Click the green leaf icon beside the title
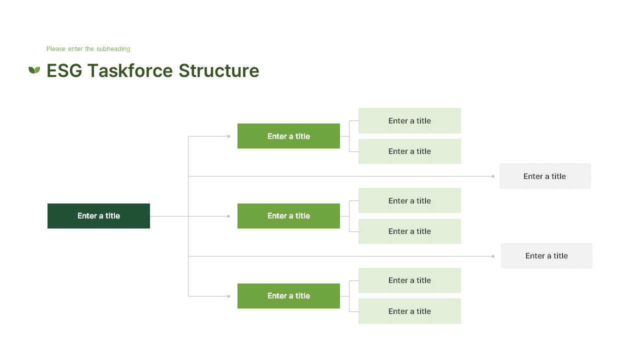34,70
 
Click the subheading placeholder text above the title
88,49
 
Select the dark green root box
98,216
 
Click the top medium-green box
288,136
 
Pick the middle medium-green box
288,216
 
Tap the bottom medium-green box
288,296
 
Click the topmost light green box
409,120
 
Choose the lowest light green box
409,311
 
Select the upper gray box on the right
545,176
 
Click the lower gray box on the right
546,256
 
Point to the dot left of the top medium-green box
228,136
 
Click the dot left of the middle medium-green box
228,216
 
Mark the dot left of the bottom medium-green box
228,296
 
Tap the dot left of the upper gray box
493,176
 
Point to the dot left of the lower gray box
493,256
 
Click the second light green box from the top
409,151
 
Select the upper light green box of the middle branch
409,200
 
